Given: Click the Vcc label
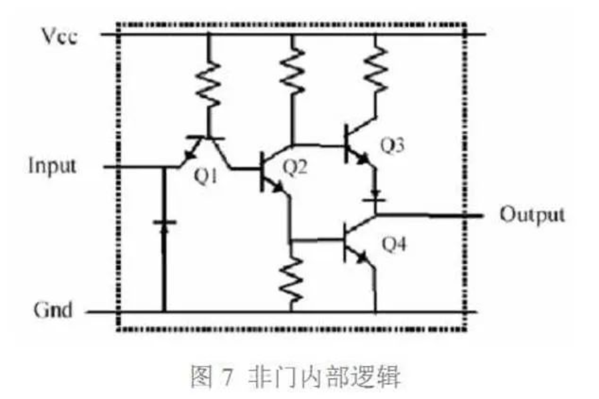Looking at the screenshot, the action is click(59, 37).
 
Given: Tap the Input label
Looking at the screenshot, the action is click(53, 166).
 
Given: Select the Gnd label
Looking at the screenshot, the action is click(53, 310).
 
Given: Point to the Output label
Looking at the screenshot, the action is click(532, 215).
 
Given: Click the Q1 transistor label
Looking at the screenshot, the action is click(206, 176).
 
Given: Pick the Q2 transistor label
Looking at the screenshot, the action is click(295, 167).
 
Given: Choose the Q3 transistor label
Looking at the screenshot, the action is click(392, 146).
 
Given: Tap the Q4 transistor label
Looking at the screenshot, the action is click(394, 244).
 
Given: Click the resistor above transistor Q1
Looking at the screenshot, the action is click(208, 84).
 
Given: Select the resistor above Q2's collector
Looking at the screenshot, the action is click(292, 70).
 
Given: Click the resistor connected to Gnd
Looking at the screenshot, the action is click(292, 279).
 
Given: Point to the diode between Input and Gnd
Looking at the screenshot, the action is click(164, 226).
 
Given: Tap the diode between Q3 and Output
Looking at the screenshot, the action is click(374, 196).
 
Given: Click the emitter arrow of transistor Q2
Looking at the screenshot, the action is click(278, 187).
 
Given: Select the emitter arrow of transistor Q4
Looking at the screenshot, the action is click(361, 257).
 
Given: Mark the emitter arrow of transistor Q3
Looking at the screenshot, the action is click(363, 158).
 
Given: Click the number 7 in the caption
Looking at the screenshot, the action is click(226, 377).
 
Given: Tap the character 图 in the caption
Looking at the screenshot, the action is click(201, 376).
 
